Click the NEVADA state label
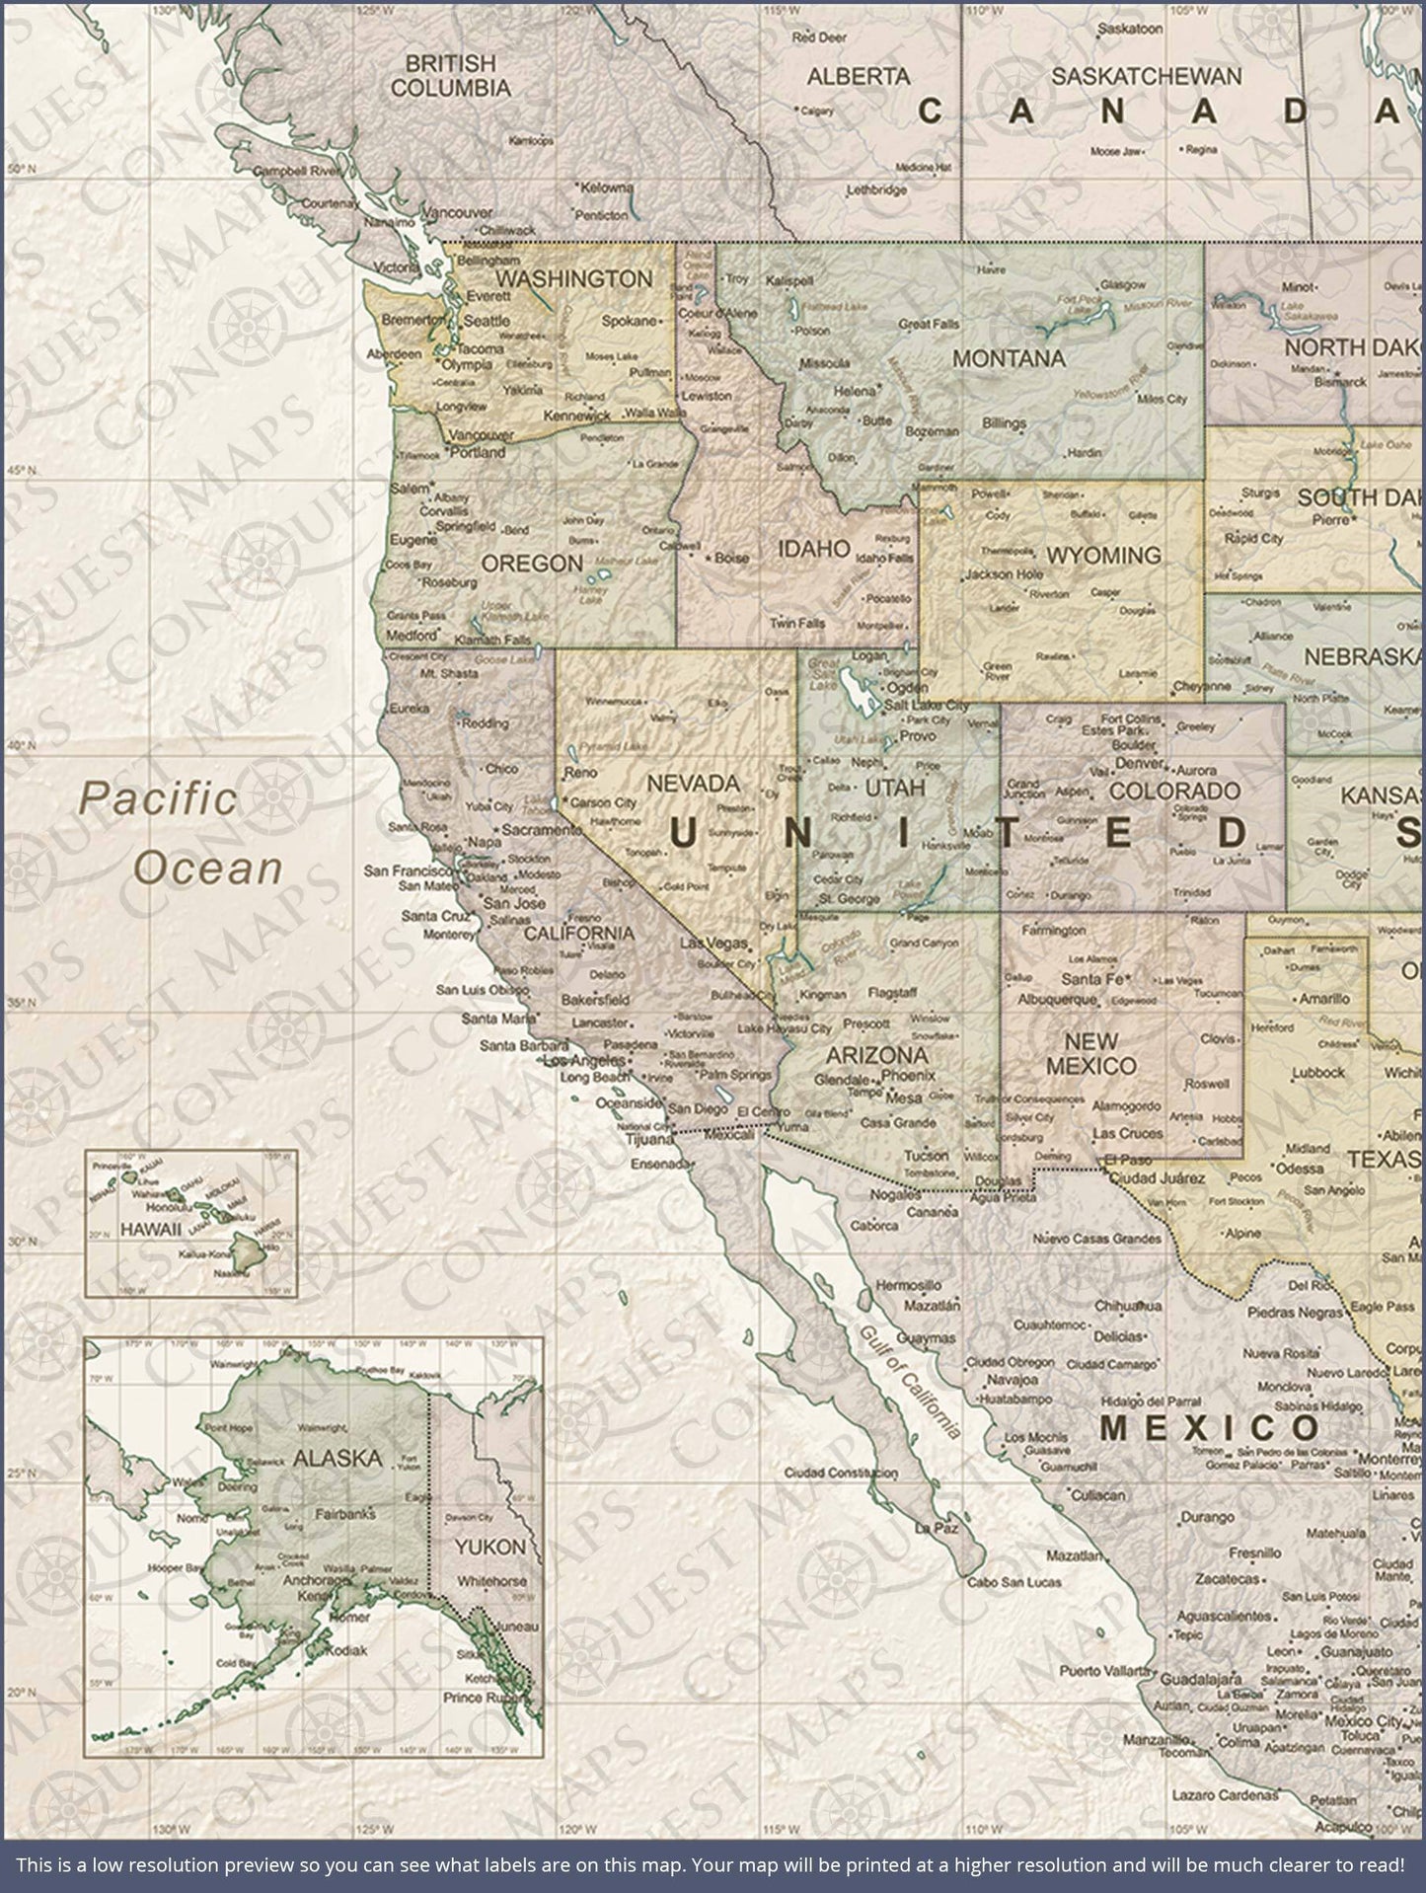(x=692, y=784)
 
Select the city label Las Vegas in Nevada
(x=714, y=944)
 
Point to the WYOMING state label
(x=1103, y=556)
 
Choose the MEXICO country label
(x=1209, y=1427)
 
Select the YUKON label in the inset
(x=489, y=1547)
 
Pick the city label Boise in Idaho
(x=730, y=558)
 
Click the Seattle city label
(x=487, y=321)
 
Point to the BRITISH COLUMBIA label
(x=451, y=75)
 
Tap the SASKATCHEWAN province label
(x=1146, y=76)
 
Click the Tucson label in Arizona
(x=926, y=1154)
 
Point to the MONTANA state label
(x=1009, y=358)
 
